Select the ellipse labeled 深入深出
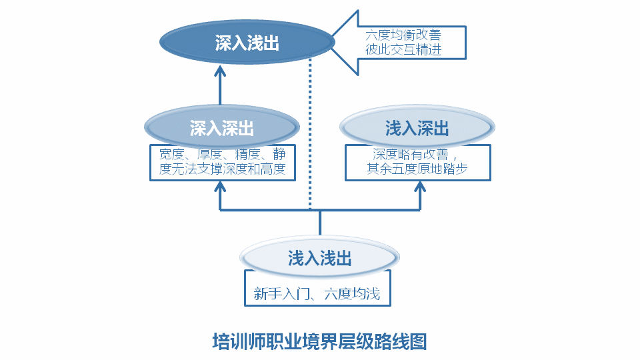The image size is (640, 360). point(221,128)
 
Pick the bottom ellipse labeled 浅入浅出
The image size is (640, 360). point(319,258)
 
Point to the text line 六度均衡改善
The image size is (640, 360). point(403,34)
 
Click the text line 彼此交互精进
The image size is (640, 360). point(403,49)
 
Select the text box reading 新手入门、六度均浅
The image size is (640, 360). point(317,294)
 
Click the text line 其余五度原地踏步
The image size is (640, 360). point(417,169)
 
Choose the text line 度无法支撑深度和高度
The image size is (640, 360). point(223,169)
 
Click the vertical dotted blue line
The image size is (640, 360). point(310,133)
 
